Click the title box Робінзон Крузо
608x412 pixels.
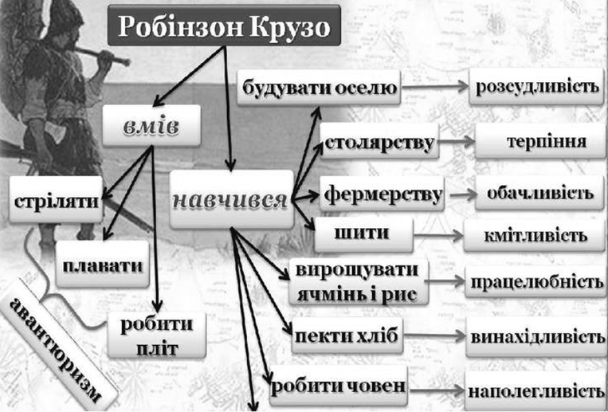point(225,26)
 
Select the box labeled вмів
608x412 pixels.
point(151,125)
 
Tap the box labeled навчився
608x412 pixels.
point(232,199)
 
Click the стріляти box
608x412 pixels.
point(56,199)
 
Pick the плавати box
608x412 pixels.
point(102,264)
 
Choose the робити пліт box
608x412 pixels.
point(157,335)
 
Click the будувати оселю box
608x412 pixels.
point(319,88)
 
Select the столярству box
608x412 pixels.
point(379,141)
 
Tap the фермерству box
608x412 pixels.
point(382,194)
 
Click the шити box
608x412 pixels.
point(363,234)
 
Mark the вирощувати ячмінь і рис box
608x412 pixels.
point(359,281)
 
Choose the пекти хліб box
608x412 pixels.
point(347,335)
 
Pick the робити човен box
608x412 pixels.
point(339,386)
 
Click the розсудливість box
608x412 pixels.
point(536,86)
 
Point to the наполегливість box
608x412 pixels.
point(535,390)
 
